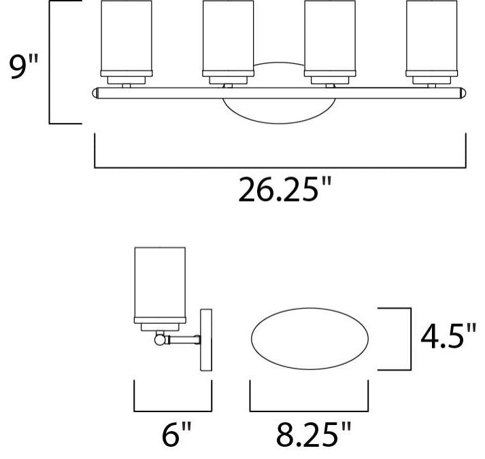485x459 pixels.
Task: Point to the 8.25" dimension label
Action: click(310, 433)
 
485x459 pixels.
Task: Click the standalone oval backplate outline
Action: click(310, 337)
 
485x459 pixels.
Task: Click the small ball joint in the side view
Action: click(161, 337)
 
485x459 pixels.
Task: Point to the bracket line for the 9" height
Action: click(51, 62)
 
